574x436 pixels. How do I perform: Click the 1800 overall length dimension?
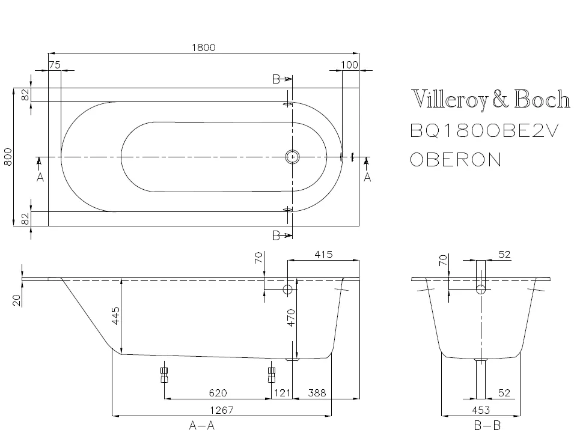tap(204, 47)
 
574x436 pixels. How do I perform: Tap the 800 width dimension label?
tap(8, 157)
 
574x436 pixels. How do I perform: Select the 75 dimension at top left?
tap(55, 65)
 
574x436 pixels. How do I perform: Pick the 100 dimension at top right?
tap(349, 65)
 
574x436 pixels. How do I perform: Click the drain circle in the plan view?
tap(292, 157)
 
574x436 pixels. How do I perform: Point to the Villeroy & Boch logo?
tap(490, 98)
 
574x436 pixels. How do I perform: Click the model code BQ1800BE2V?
tap(484, 130)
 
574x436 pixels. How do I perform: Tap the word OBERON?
tap(456, 160)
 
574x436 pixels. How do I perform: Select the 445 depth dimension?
tap(115, 316)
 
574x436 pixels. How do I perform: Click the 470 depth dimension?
tap(291, 318)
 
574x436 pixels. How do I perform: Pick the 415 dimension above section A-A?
tap(323, 255)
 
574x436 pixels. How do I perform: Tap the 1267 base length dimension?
tap(222, 410)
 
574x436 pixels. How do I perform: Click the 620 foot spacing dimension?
tap(218, 393)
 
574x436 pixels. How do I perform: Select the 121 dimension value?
tap(282, 393)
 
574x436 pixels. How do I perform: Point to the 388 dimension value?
tap(317, 393)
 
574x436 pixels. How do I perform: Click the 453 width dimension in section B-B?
tap(481, 410)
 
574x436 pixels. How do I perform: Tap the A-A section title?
tap(201, 425)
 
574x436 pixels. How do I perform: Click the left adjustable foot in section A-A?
tap(164, 375)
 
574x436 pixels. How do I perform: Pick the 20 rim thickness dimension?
tap(16, 300)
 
